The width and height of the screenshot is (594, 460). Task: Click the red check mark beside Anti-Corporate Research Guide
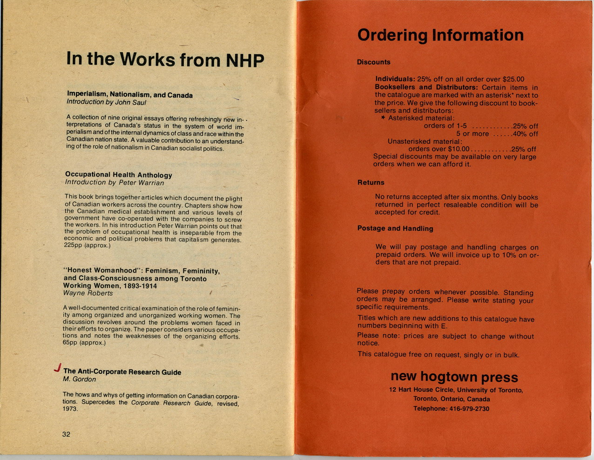[57, 368]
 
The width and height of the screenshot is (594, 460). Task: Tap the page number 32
[66, 434]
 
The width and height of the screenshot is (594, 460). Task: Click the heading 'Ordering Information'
[440, 35]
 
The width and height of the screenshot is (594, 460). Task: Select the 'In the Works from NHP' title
[165, 59]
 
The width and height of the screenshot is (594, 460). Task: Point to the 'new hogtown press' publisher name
[454, 377]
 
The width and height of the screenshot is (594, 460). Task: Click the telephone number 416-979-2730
[469, 409]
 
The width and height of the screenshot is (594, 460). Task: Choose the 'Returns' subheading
[371, 183]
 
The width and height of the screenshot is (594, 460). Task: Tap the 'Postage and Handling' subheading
[395, 228]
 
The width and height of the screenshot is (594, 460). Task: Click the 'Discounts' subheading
[373, 62]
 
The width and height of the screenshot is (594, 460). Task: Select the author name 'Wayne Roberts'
[88, 293]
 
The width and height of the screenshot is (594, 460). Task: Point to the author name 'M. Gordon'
[79, 379]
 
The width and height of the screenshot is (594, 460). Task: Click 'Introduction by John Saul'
[106, 102]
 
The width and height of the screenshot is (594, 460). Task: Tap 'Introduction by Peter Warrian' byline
[115, 183]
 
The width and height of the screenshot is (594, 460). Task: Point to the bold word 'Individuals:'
[395, 79]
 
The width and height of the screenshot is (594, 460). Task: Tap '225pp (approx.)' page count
[87, 245]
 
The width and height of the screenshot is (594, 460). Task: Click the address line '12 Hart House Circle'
[422, 390]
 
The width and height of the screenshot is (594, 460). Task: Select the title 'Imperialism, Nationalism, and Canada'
[129, 95]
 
